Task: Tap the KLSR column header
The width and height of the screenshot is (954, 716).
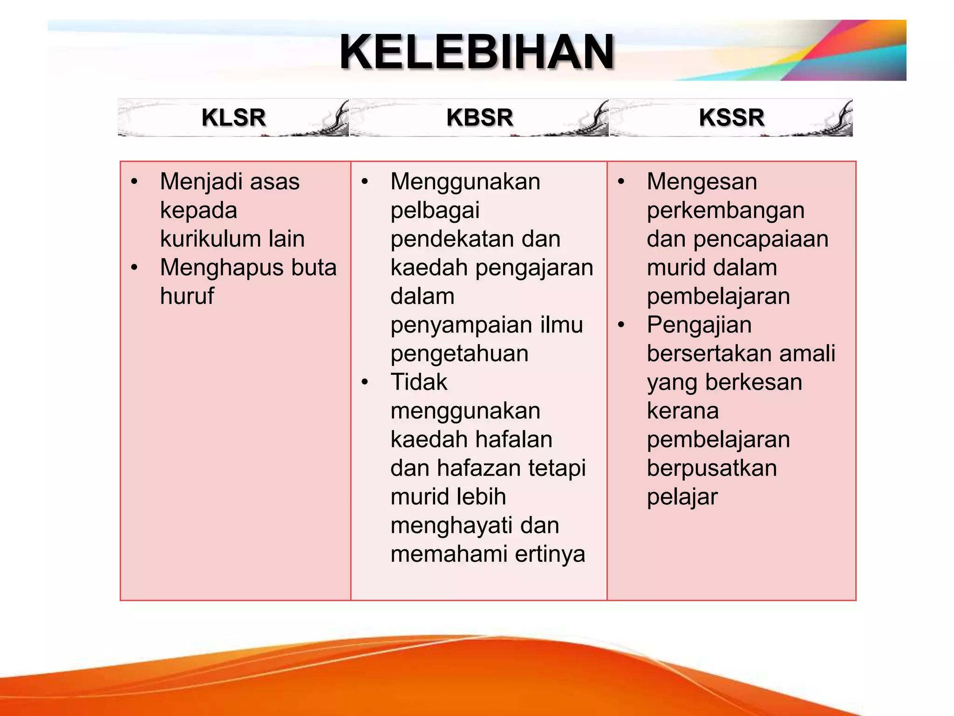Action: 233,117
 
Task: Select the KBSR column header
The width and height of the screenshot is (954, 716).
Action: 479,117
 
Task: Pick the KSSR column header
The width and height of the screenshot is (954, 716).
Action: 731,117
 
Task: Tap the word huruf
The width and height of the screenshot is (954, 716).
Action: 187,296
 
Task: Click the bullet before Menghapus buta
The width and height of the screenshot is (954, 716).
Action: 134,268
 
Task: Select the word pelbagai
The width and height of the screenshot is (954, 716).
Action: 435,211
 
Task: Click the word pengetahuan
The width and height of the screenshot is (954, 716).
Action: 459,354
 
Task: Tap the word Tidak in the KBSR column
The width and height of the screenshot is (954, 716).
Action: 418,382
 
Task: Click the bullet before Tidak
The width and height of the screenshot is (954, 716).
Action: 365,382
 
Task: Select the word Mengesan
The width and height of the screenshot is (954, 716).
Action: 702,182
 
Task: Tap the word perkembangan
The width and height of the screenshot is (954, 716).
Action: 725,211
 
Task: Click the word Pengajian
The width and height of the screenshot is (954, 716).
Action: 699,325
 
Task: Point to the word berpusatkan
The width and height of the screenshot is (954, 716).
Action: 711,468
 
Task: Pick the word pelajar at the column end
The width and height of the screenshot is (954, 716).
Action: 682,497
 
